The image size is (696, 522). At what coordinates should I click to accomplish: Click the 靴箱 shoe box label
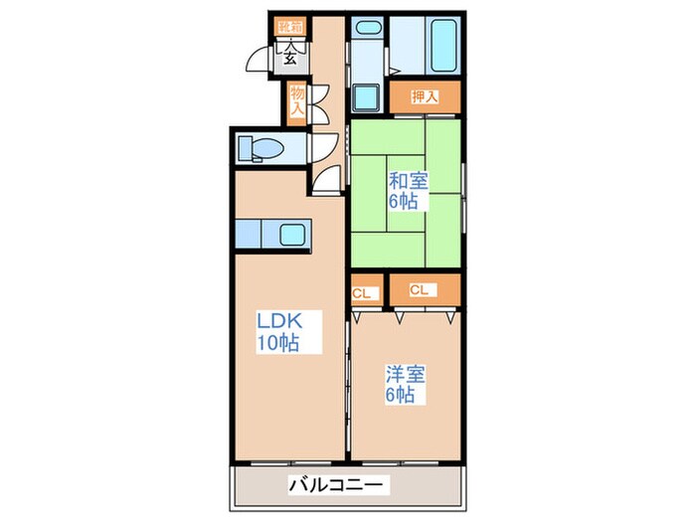coord(290,27)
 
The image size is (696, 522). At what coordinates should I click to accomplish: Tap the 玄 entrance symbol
coord(290,56)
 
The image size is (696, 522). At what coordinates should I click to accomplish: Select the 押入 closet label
coord(424,97)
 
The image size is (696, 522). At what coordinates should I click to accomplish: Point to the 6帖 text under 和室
coord(403,202)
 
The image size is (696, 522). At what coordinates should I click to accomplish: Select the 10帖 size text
coord(277,344)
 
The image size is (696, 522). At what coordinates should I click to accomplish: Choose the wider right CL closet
coord(423,290)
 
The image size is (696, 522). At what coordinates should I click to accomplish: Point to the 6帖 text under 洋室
coord(402,396)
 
